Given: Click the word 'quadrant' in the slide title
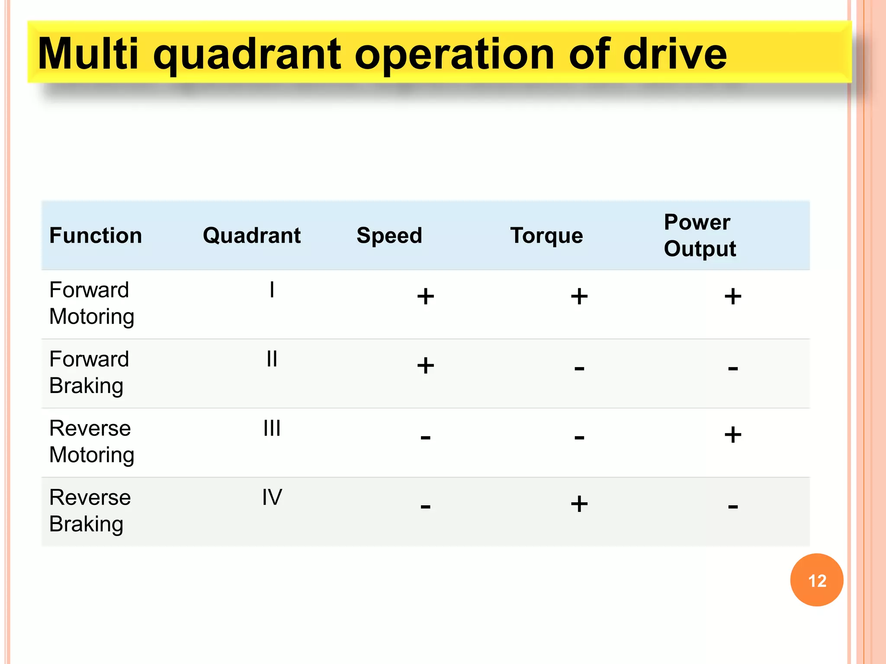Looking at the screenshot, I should click(x=247, y=55).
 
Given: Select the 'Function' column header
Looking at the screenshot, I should click(x=96, y=236).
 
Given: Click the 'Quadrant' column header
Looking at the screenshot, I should click(x=251, y=236).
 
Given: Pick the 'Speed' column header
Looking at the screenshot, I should click(x=389, y=236).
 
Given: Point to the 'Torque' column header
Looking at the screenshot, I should click(x=546, y=236).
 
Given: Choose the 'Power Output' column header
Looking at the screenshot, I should click(x=700, y=236).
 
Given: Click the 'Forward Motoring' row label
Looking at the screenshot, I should click(x=91, y=303).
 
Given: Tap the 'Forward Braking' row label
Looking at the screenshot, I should click(x=89, y=372).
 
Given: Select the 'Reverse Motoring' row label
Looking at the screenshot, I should click(x=91, y=441).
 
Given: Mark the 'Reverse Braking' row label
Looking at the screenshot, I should click(x=90, y=511).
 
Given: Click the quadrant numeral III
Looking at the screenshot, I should click(x=272, y=428).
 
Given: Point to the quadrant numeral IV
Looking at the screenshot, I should click(x=272, y=497).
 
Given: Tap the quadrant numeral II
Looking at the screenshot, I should click(x=272, y=359).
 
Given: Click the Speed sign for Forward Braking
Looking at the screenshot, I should click(x=425, y=366).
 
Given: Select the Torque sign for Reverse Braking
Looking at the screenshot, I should click(x=579, y=504).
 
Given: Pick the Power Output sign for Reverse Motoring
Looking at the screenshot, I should click(x=732, y=435).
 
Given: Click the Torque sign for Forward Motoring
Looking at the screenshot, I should click(x=579, y=297).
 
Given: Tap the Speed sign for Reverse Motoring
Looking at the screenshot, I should click(x=425, y=437).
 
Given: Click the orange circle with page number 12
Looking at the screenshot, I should click(x=816, y=580).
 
